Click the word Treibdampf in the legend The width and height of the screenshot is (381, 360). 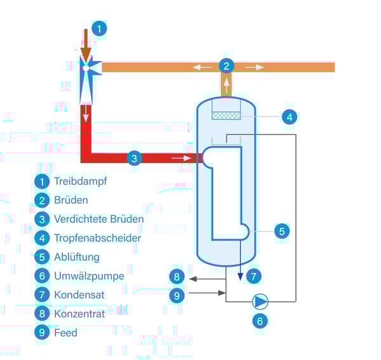coord(81,181)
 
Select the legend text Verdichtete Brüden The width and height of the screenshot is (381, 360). coord(98,219)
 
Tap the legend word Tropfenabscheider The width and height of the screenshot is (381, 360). coord(97,238)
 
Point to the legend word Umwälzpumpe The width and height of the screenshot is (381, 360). coord(89,276)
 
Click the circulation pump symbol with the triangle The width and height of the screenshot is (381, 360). coord(260,300)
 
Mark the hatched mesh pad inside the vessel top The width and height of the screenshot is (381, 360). coord(225,116)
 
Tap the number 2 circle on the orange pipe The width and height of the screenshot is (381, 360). coord(226,65)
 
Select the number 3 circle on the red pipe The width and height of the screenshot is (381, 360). coord(133,158)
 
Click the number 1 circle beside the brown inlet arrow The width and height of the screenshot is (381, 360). coord(99,28)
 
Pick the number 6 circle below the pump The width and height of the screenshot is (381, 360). coord(259,321)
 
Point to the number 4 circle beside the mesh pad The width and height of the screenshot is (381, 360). coord(289,117)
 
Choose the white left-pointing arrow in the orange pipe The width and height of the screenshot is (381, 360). coord(202,66)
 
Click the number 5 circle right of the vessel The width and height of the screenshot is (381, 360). coord(282,231)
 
